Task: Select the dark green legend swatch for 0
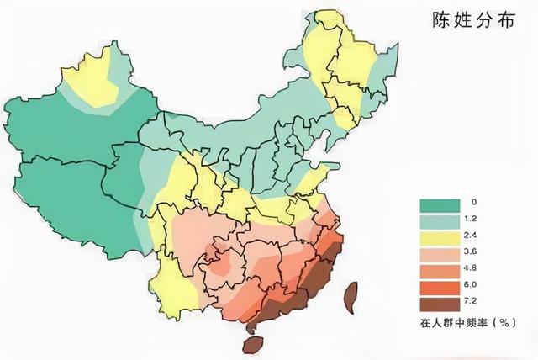[440, 205]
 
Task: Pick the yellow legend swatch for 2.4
[440, 239]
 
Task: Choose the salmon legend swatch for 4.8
[440, 273]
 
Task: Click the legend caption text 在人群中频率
[455, 323]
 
